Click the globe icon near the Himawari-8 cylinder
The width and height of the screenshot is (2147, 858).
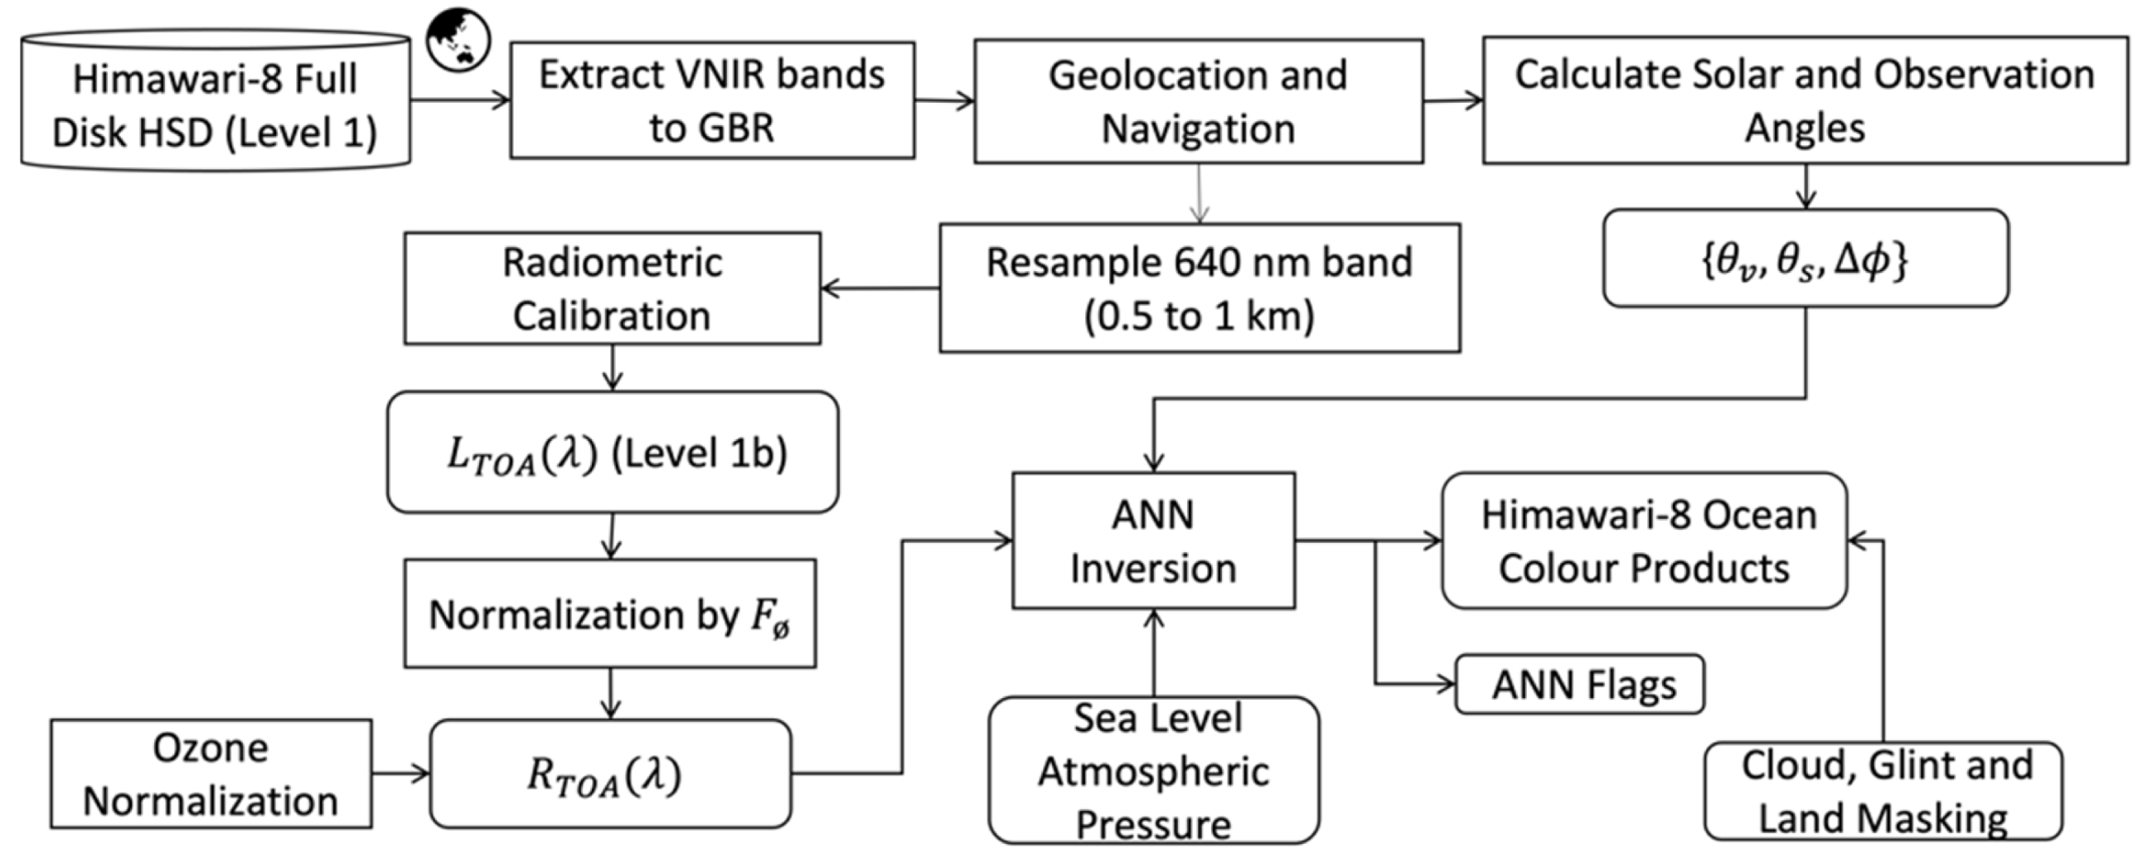coord(458,39)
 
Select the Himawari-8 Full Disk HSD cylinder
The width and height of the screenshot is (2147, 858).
coord(215,104)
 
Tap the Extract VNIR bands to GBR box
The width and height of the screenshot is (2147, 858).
coord(712,100)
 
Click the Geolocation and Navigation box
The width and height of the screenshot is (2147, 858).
coord(1198,101)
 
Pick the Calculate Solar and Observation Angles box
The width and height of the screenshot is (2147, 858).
coord(1805,100)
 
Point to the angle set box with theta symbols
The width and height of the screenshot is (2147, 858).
coord(1805,259)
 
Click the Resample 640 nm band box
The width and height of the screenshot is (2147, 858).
coord(1200,288)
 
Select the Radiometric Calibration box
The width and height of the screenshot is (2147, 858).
coord(612,288)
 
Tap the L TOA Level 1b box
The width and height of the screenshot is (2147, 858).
coord(612,452)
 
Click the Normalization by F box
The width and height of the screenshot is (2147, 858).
coord(610,613)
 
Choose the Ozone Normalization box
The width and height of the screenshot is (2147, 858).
coord(211,773)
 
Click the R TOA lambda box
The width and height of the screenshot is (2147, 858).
coord(610,773)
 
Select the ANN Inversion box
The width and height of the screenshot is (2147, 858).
coord(1154,540)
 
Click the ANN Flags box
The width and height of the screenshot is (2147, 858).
coord(1579,685)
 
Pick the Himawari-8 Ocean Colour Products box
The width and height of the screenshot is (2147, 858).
coord(1644,540)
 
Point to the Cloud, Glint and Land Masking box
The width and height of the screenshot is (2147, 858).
coord(1883,791)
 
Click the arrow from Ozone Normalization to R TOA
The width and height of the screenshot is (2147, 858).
coord(400,773)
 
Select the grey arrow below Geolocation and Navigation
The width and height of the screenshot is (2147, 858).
coord(1199,193)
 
